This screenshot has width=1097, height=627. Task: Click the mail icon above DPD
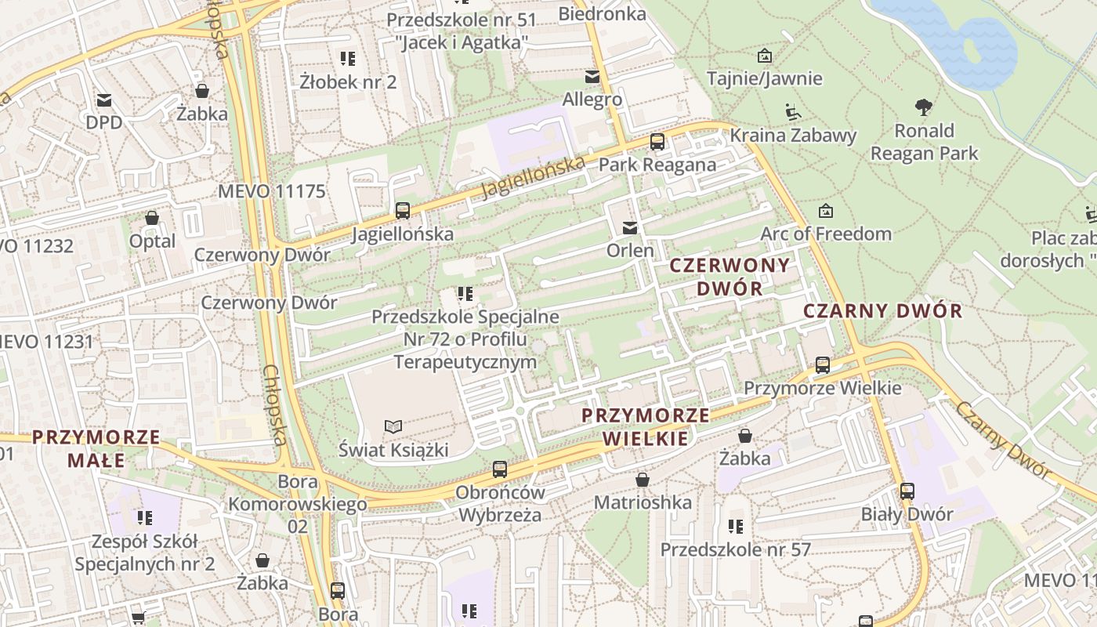[x=104, y=100]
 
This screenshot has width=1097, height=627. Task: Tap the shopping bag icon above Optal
[x=152, y=218]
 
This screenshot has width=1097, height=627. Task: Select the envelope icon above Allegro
[x=592, y=76]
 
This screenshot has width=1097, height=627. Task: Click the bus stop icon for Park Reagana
[x=657, y=142]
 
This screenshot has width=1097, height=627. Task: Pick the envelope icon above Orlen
[x=629, y=228]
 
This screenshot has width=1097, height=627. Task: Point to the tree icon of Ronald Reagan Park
[x=924, y=107]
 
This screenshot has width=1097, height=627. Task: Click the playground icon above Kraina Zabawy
[x=793, y=113]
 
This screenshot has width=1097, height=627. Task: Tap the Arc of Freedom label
[x=826, y=234]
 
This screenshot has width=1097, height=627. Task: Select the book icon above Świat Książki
[x=393, y=426]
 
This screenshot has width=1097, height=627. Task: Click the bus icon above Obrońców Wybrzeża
[x=500, y=469]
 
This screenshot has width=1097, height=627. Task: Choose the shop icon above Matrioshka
[x=643, y=479]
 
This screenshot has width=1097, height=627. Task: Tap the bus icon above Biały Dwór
[x=907, y=491]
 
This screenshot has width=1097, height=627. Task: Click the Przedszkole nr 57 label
[x=735, y=549]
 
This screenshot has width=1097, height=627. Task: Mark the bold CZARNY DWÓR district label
[x=883, y=311]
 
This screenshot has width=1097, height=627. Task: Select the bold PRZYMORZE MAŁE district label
[x=96, y=448]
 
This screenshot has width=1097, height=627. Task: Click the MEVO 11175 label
[x=271, y=191]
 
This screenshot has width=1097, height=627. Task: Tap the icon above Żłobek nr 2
[x=348, y=59]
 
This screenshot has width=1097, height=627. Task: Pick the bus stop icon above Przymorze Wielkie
[x=822, y=364]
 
